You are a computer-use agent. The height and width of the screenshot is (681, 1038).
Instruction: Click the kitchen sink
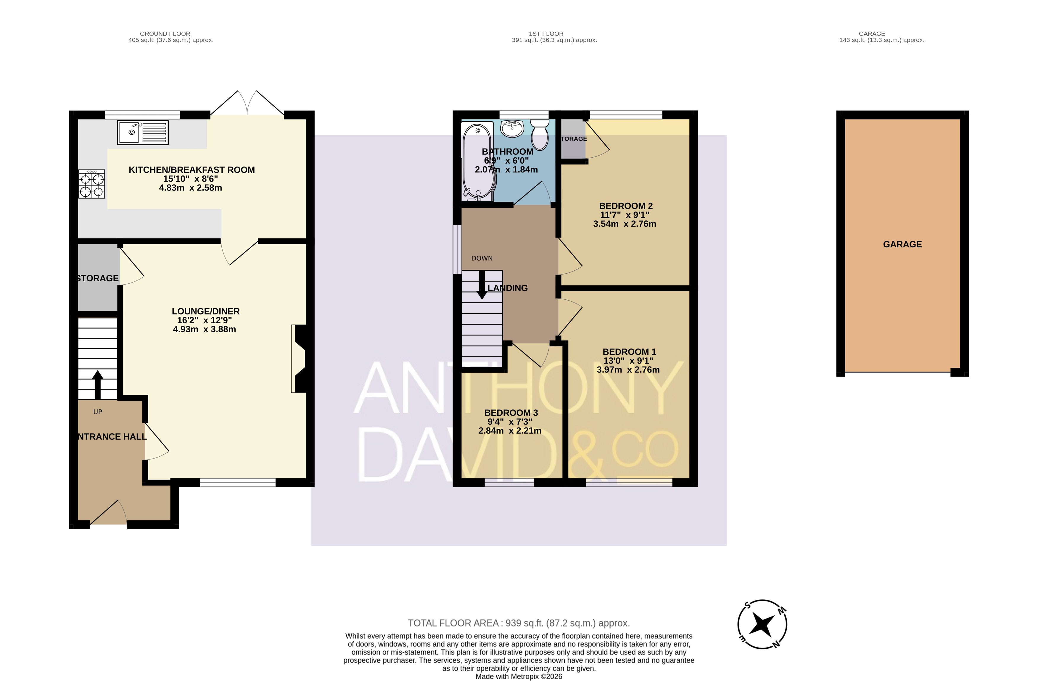click(x=143, y=132)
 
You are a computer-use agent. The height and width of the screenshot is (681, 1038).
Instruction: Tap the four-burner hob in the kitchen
click(x=91, y=184)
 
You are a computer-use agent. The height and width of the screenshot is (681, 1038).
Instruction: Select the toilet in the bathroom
click(x=540, y=135)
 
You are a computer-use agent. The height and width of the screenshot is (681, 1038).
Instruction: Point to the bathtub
click(x=478, y=161)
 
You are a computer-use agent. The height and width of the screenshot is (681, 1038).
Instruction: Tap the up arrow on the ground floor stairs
click(x=97, y=385)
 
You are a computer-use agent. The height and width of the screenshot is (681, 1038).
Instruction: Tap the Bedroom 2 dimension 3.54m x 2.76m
click(x=625, y=224)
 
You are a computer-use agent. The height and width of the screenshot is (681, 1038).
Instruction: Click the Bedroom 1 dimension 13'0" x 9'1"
click(x=628, y=361)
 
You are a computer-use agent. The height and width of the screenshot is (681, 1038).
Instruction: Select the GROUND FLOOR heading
click(x=165, y=33)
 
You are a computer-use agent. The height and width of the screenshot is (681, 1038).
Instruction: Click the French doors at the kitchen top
click(x=247, y=103)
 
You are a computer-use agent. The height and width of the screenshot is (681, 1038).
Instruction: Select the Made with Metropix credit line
click(x=519, y=677)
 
